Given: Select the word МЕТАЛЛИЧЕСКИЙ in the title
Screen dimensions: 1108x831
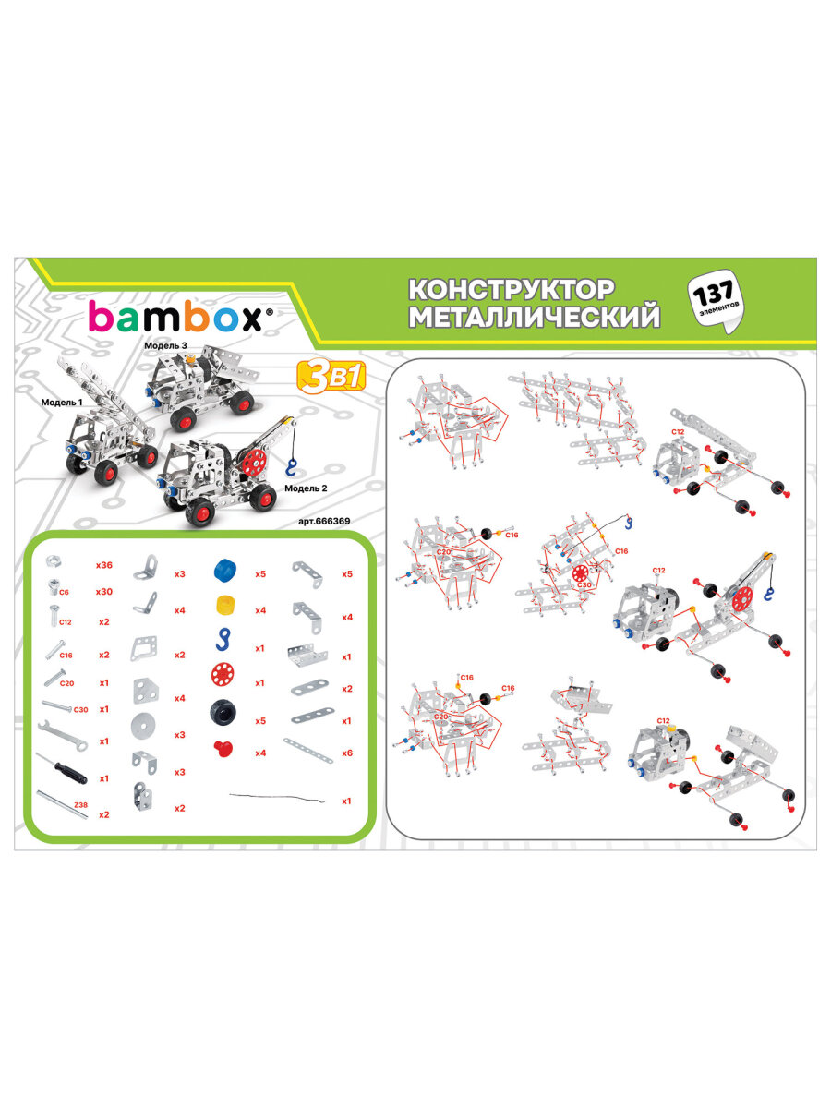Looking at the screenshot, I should (534, 318).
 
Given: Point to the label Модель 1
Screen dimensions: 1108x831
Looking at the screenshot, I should (61, 403).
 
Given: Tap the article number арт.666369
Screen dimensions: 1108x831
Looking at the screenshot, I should (327, 521).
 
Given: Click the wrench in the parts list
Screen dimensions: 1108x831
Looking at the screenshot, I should (62, 736).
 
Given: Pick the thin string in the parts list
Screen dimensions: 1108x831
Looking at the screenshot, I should (277, 797).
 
